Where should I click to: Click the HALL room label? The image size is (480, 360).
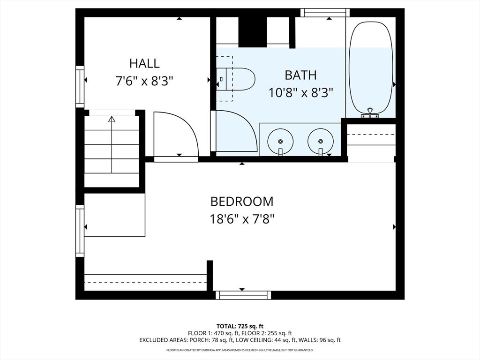144,63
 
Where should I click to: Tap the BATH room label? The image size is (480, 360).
300,75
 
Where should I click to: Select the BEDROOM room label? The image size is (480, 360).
241,202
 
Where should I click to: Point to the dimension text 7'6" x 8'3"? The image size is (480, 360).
144,81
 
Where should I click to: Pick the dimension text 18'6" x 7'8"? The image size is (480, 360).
241,219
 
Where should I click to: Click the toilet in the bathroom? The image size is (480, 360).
238,78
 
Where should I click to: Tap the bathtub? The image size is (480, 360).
370,68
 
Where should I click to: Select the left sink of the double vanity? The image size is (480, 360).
280,140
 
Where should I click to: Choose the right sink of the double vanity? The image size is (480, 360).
321,140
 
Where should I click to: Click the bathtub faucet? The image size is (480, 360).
370,112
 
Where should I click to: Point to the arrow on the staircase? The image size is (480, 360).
112,120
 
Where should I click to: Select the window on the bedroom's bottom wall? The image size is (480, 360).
243,295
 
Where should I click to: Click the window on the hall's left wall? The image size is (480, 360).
80,87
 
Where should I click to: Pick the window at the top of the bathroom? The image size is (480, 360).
325,13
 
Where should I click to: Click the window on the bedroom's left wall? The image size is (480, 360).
80,231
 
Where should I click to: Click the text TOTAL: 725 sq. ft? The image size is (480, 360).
240,326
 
